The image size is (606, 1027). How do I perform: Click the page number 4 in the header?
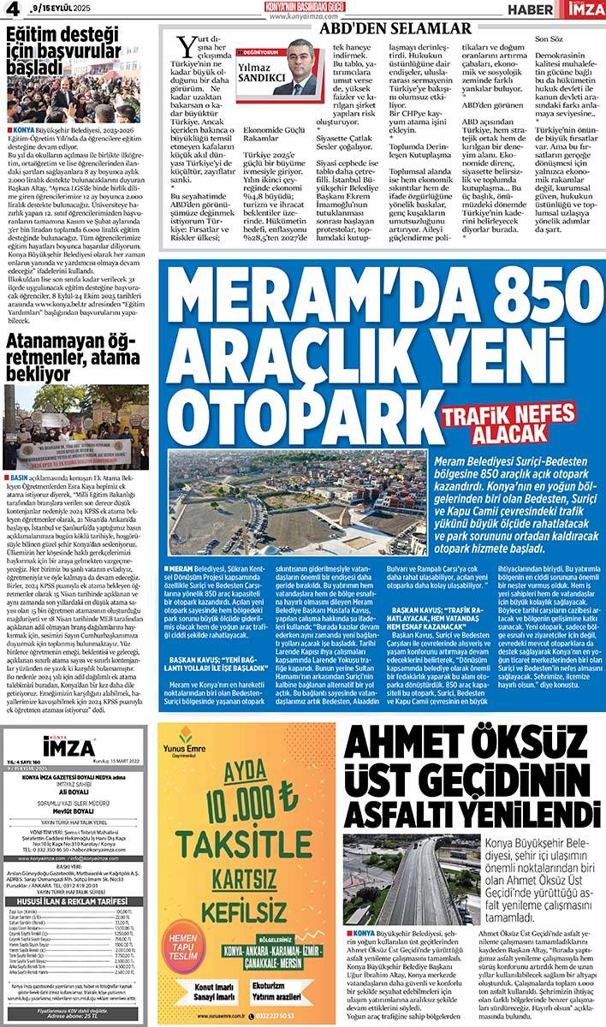click(11, 11)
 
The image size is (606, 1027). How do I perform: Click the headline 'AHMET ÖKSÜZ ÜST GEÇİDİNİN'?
click(471, 771)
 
